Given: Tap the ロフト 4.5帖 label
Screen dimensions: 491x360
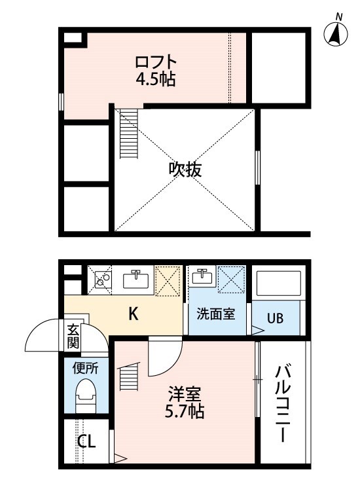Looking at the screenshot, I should tap(155, 71).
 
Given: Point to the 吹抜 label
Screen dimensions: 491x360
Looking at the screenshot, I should tap(185, 169).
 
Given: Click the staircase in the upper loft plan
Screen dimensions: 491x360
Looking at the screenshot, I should tap(130, 135).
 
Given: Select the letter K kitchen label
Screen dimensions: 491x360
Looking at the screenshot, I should tap(133, 314).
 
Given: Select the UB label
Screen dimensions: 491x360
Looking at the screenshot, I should tap(275, 319).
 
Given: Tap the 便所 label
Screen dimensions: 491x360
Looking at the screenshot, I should tap(86, 368).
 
